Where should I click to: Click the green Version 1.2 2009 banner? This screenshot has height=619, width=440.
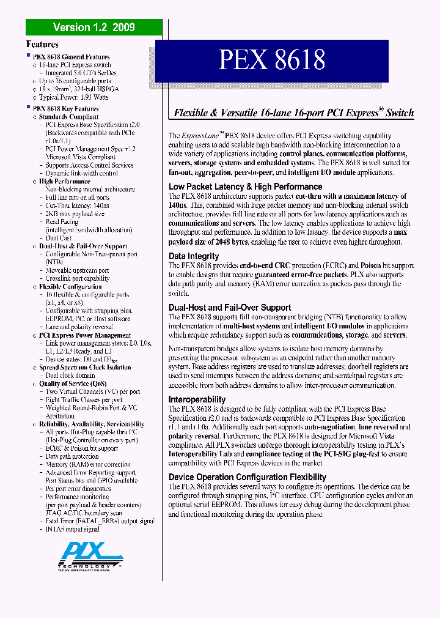[94, 27]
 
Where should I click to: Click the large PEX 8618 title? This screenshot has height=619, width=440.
[272, 60]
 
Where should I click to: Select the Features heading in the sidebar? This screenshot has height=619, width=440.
[42, 44]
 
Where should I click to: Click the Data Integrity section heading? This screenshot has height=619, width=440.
[193, 256]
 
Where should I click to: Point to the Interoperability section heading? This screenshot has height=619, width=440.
[197, 399]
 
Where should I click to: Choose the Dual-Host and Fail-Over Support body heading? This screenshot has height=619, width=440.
[229, 308]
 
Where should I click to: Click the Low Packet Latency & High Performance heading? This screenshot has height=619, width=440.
[245, 187]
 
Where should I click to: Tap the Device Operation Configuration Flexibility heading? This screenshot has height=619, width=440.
[248, 477]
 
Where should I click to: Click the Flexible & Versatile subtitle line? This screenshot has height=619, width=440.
[294, 113]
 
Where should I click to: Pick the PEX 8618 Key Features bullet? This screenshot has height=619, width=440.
[65, 108]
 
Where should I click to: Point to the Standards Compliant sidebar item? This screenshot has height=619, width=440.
[68, 116]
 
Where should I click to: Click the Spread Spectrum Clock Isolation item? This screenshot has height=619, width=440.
[85, 368]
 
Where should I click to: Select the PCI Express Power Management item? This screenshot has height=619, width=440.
[85, 335]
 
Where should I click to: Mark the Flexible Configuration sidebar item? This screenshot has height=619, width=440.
[70, 286]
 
